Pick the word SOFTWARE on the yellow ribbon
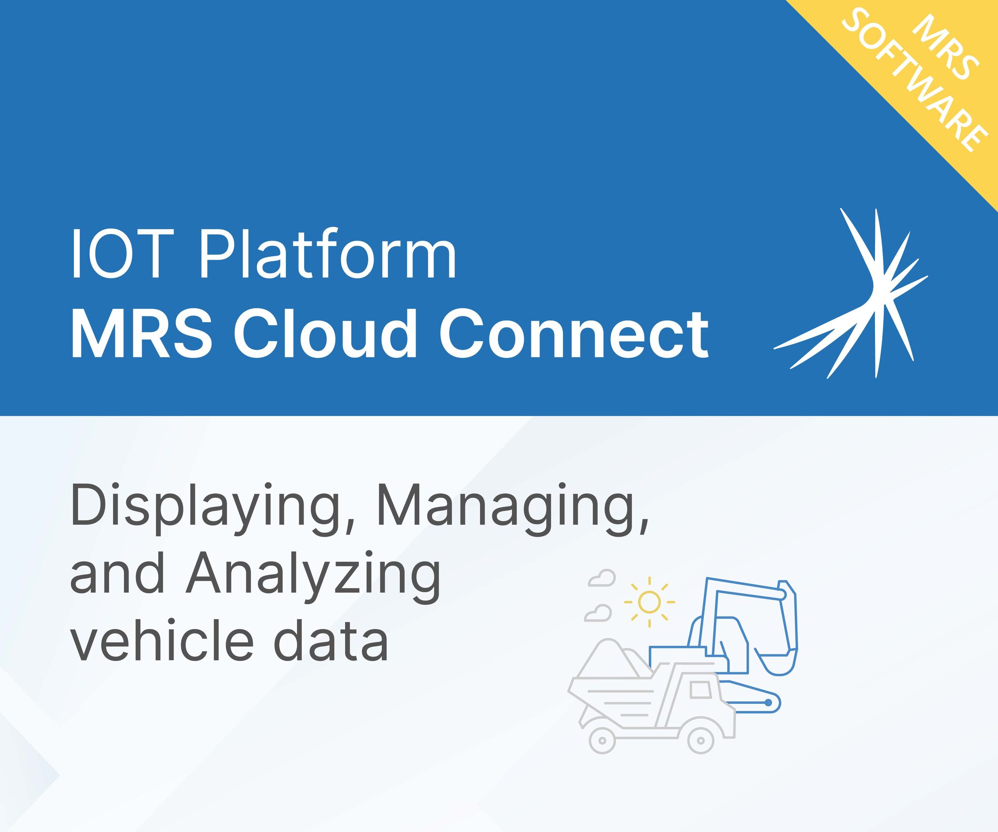pyautogui.click(x=913, y=81)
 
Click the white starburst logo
pyautogui.click(x=851, y=293)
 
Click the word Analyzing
pyautogui.click(x=313, y=577)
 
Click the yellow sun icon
pyautogui.click(x=649, y=602)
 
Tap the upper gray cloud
pyautogui.click(x=602, y=578)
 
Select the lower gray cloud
pyautogui.click(x=598, y=613)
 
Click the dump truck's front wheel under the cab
pyautogui.click(x=701, y=740)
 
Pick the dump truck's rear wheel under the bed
pyautogui.click(x=602, y=740)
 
